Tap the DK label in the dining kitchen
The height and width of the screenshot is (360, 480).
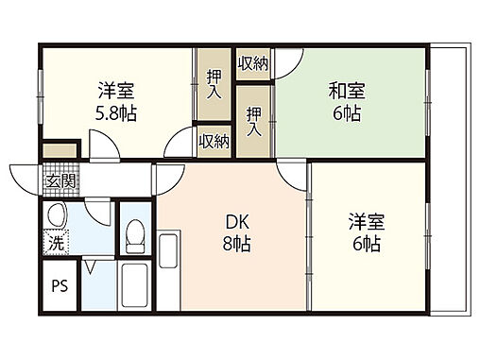point(236,223)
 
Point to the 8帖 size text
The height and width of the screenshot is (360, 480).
point(236,246)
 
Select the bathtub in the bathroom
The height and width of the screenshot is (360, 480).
point(134,287)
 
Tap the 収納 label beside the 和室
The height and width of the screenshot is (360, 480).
point(252,63)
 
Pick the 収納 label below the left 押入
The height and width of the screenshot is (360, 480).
point(214,141)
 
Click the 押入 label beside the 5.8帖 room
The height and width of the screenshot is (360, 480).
point(214,85)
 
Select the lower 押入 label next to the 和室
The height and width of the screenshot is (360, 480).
point(253,122)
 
